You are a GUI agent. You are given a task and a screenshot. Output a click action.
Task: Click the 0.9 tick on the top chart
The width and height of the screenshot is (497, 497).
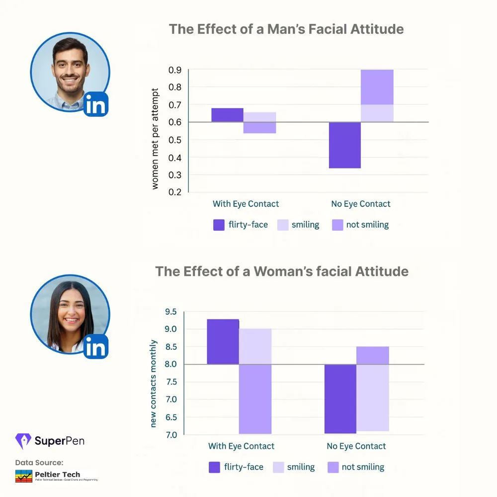(175, 70)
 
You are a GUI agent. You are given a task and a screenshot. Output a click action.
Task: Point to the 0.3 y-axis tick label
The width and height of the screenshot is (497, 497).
(175, 175)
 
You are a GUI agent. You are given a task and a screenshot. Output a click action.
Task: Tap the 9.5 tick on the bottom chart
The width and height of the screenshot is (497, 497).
(171, 312)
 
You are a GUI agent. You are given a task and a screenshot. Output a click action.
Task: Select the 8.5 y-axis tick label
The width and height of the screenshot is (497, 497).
(171, 347)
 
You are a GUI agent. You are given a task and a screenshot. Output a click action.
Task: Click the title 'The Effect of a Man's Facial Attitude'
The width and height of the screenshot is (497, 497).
(286, 29)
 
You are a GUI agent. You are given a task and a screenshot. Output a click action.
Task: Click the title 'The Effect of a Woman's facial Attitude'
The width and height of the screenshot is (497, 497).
(282, 271)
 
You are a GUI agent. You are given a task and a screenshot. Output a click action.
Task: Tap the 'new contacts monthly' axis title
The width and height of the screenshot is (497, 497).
(153, 383)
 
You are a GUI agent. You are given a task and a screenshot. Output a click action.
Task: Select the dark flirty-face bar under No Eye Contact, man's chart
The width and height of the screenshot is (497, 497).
(344, 145)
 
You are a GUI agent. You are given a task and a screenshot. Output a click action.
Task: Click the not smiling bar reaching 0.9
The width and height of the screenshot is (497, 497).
(377, 87)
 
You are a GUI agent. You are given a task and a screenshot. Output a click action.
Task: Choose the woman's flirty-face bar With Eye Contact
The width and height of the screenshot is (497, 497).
(223, 341)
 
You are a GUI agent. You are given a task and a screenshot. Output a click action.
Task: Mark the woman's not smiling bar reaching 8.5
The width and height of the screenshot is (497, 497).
(372, 355)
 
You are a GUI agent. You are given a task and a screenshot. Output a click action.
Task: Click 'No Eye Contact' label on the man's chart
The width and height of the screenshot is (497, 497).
(361, 204)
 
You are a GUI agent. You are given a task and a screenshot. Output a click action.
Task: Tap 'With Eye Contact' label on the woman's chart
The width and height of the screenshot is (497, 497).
(241, 446)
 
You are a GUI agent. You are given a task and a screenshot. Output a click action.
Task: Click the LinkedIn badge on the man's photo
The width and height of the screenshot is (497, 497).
(96, 104)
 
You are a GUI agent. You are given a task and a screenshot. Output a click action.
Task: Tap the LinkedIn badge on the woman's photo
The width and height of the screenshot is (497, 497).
(96, 346)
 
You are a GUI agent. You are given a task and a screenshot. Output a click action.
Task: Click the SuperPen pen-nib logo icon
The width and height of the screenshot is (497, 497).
(23, 441)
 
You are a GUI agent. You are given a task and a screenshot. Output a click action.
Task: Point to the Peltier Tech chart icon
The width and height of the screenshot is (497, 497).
(23, 476)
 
